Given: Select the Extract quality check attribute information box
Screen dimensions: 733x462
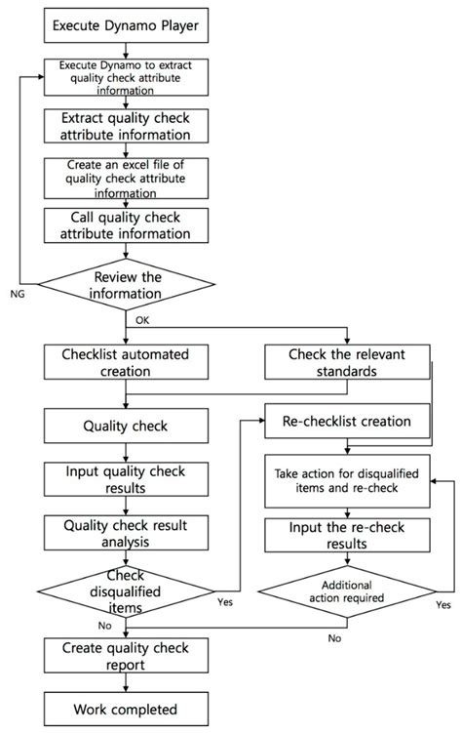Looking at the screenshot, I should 125,126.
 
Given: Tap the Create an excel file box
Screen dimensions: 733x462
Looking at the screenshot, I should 125,178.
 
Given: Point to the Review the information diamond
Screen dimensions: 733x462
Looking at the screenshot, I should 126,286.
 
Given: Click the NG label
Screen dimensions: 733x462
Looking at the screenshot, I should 17,292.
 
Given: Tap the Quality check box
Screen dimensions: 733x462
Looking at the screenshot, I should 125,426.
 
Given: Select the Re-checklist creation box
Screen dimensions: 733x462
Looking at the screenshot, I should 348,422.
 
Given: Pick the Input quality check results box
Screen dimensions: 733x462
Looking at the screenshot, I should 125,479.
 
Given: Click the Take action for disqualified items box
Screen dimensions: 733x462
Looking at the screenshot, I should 348,480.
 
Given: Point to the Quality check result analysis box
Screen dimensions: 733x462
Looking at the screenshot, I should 125,532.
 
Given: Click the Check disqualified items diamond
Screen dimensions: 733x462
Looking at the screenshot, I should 125,591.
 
